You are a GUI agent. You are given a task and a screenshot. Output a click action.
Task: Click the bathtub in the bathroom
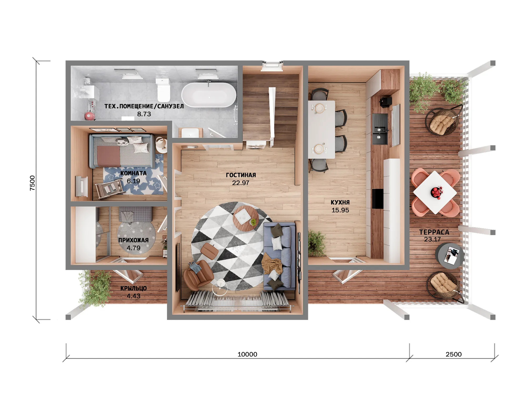[209, 95]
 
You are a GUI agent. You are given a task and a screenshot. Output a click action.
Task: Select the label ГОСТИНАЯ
[241, 175]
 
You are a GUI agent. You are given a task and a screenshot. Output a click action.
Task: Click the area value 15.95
[340, 210]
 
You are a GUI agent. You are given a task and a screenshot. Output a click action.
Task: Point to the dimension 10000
[247, 354]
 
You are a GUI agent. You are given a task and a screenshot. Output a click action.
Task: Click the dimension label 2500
[453, 354]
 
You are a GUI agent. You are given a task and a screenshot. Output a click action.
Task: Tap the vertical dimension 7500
[32, 183]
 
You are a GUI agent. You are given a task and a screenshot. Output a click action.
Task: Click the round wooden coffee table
[246, 218]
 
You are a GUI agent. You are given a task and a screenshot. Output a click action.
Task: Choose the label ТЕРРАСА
[434, 232]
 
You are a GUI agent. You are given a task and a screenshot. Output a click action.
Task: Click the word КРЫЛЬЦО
[133, 288]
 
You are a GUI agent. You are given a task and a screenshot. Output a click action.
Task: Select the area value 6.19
[133, 181]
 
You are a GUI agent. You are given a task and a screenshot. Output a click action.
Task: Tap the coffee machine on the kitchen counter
[386, 102]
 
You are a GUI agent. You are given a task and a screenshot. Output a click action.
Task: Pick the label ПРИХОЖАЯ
[133, 240]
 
